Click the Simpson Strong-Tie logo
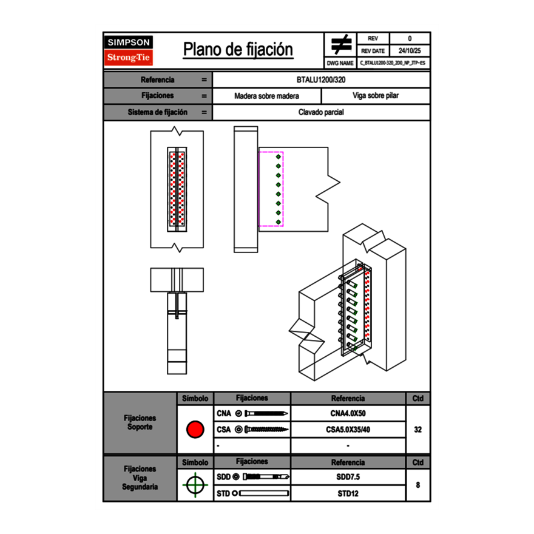click(x=129, y=50)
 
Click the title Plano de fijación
click(x=238, y=49)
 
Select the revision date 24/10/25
click(x=410, y=51)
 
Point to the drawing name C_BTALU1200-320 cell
click(x=393, y=63)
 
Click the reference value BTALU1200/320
click(x=321, y=79)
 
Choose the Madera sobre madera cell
click(x=266, y=96)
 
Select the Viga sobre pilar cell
click(x=375, y=96)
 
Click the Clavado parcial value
click(x=321, y=112)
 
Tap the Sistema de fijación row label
click(x=157, y=112)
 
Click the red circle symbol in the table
click(x=195, y=430)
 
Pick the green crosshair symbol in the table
click(x=195, y=485)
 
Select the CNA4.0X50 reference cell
click(x=348, y=414)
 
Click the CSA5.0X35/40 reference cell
click(x=348, y=430)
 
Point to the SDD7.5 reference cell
click(x=348, y=477)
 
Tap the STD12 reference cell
click(x=348, y=493)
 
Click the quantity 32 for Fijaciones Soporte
click(x=417, y=430)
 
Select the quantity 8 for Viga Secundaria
click(x=417, y=485)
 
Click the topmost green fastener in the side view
click(x=278, y=157)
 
